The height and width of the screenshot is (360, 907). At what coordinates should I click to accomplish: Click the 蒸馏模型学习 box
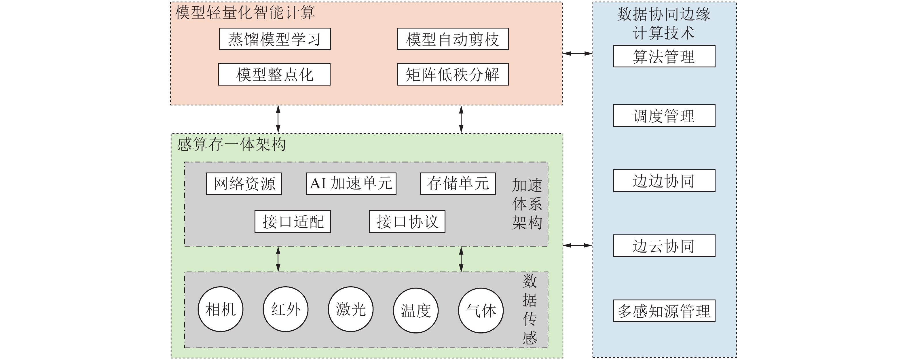[275, 39]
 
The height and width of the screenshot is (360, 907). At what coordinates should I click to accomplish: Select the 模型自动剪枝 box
[452, 39]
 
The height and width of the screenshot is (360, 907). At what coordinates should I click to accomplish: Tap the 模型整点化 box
[274, 74]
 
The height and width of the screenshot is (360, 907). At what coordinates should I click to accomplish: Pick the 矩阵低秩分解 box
[452, 74]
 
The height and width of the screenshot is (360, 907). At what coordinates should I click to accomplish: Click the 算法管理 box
[664, 56]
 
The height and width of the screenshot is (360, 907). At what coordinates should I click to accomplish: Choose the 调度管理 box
[664, 115]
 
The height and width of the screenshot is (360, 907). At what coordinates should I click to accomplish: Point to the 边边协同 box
[664, 181]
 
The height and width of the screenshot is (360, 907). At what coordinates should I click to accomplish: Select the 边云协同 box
[664, 245]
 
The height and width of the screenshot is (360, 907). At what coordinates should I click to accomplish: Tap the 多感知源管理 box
[664, 311]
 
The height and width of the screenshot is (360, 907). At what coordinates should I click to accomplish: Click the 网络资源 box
[244, 183]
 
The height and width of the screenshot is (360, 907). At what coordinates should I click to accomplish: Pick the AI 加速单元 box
[351, 183]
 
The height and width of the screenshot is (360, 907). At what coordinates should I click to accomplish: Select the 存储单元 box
[458, 183]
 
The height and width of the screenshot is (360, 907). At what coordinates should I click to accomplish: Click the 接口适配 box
[293, 221]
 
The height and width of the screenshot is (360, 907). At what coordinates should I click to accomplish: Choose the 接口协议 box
[407, 221]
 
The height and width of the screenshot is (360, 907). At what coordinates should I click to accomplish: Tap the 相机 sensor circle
[220, 309]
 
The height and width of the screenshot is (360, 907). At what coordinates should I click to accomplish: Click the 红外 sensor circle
[286, 309]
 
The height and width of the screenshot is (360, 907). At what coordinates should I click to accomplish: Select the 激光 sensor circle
[351, 309]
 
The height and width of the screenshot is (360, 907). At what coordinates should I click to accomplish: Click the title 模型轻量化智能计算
[245, 13]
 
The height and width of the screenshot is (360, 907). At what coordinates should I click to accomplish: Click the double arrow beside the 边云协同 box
[577, 245]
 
